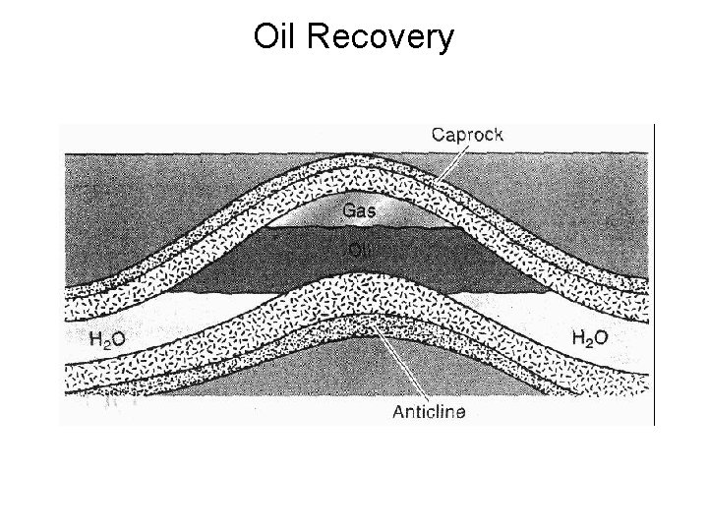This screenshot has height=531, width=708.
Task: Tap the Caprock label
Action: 467,135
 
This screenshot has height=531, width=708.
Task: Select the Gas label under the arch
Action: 357,209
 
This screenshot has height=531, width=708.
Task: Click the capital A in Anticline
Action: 398,412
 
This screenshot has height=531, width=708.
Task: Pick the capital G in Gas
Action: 346,209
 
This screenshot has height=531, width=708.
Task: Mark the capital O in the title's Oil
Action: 265,36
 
